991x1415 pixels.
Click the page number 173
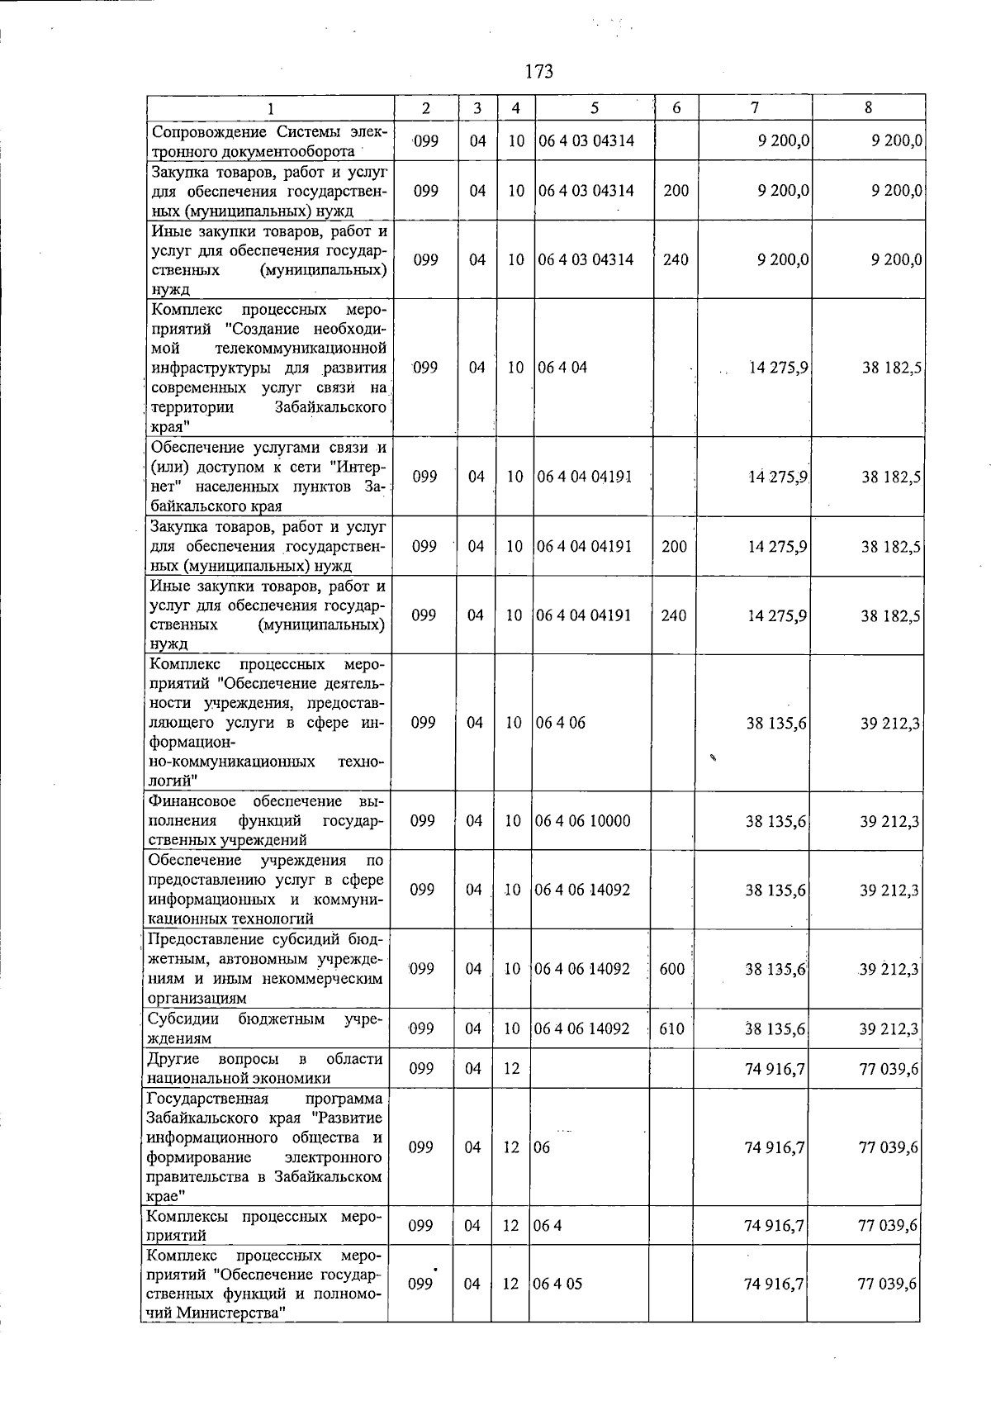point(538,72)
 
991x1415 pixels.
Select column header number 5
point(595,107)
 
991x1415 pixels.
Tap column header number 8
point(868,107)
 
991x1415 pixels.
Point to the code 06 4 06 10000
point(583,821)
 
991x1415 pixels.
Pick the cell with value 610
point(672,1029)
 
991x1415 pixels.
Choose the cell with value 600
point(672,969)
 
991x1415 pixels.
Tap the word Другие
point(173,1060)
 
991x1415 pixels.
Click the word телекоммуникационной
point(302,349)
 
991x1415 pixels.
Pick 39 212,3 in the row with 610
point(889,1029)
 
